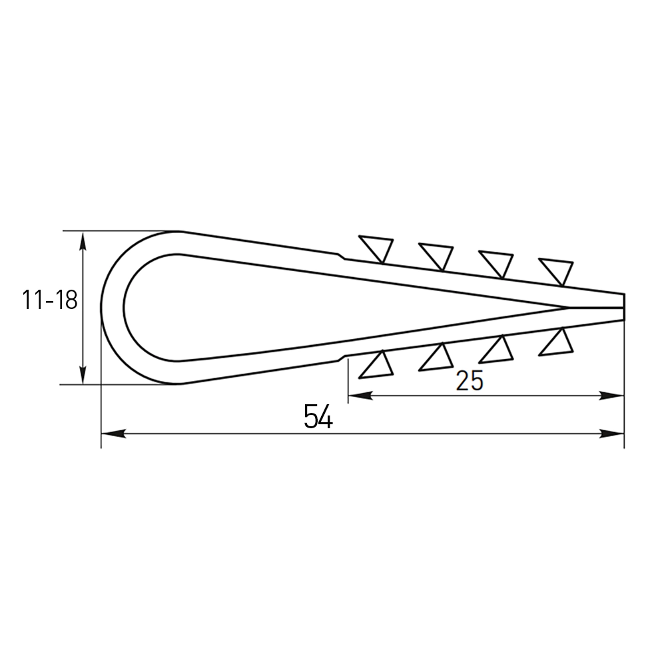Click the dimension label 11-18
[50, 301]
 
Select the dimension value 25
[470, 380]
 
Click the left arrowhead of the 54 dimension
[113, 434]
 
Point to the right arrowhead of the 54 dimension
[611, 434]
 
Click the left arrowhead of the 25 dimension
[360, 396]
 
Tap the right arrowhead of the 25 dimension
[611, 396]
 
